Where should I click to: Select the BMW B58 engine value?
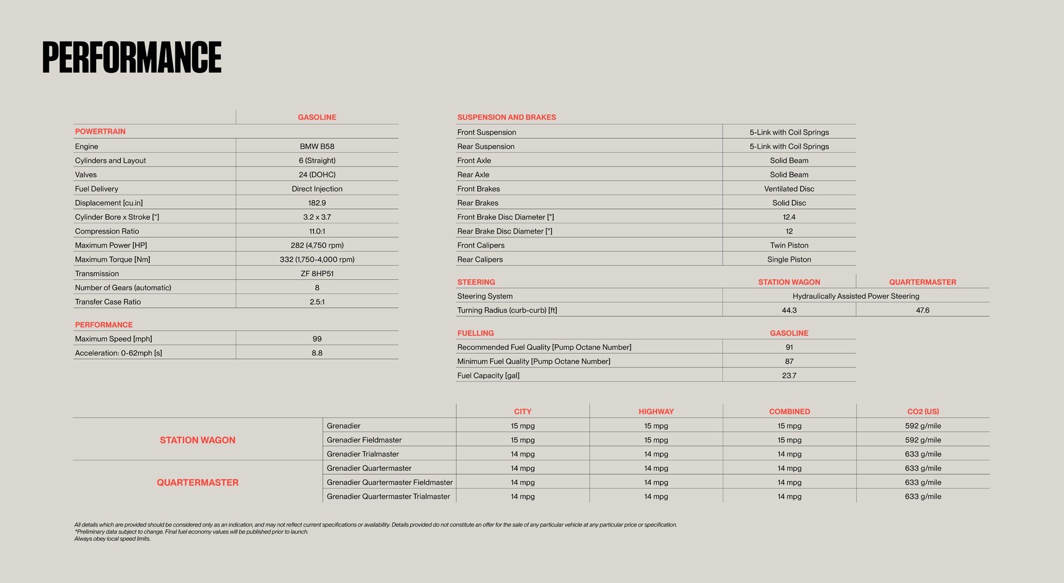317,146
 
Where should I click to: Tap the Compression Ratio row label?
107,231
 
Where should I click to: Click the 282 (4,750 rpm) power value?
317,245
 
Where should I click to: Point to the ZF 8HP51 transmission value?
317,273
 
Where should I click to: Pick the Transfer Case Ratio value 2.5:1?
317,302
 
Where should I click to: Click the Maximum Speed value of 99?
317,339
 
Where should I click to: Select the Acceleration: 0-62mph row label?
118,353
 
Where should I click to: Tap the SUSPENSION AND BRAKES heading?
506,117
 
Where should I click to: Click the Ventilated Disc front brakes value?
789,189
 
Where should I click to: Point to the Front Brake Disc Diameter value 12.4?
789,217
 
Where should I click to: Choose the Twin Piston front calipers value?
789,245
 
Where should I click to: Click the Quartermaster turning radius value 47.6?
922,310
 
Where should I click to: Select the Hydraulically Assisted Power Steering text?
855,296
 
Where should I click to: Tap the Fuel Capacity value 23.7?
789,376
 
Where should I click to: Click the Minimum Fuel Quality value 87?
789,361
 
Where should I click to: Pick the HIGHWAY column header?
656,412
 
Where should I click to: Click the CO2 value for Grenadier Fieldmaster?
922,440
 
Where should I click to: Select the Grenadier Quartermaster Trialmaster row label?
388,496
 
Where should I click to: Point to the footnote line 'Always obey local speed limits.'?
112,539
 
